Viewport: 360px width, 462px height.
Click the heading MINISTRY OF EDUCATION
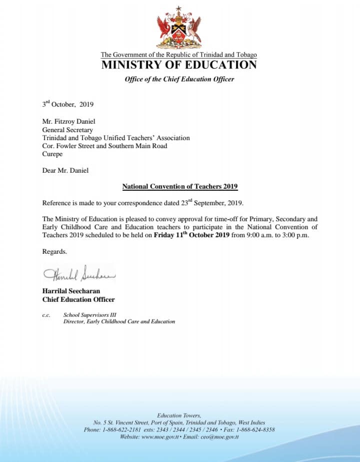pyautogui.click(x=179, y=65)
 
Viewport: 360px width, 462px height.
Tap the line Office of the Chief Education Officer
pyautogui.click(x=179, y=79)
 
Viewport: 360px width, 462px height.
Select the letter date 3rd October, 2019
pyautogui.click(x=67, y=105)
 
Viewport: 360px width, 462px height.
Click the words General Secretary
pyautogui.click(x=67, y=130)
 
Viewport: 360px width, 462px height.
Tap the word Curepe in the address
pyautogui.click(x=52, y=154)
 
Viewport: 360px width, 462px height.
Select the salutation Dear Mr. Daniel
pyautogui.click(x=65, y=170)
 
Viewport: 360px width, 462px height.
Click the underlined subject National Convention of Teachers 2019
pyautogui.click(x=179, y=187)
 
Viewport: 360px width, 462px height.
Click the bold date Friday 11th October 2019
pyautogui.click(x=191, y=235)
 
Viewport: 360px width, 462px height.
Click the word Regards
pyautogui.click(x=54, y=251)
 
